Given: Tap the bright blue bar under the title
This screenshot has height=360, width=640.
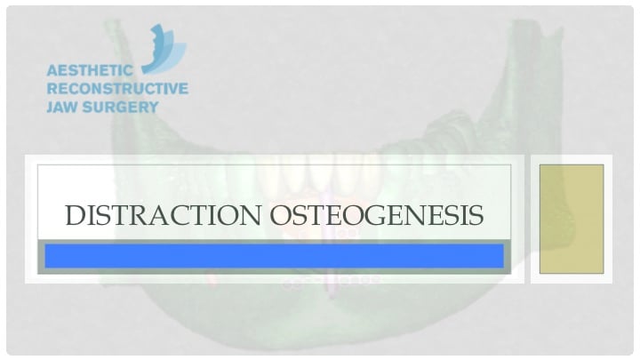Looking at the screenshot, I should coord(274,256).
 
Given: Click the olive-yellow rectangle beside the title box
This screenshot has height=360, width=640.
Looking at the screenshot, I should coord(572,219).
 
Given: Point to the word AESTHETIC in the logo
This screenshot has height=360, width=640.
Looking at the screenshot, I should coord(90,70).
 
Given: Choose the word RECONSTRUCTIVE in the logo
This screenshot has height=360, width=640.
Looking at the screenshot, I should coord(116,89).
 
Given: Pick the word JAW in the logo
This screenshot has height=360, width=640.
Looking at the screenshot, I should coord(61,107).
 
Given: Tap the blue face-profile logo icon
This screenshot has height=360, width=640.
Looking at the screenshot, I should coord(164,49).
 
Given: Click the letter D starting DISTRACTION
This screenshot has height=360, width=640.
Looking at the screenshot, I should coord(75,215).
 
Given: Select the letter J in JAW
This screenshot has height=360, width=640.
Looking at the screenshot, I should coord(50,107).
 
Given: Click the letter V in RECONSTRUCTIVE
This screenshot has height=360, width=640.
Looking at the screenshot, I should coord(170,89).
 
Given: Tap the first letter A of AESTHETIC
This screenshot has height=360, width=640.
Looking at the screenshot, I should coord(52,70).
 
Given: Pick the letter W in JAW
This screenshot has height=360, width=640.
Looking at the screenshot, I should coord(74,107).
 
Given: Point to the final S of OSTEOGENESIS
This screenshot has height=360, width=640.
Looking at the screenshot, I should coord(476,215).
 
